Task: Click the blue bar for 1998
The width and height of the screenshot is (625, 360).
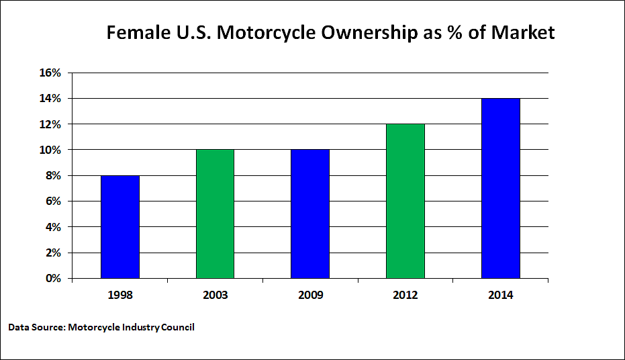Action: (x=120, y=227)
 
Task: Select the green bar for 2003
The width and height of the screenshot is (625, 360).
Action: (x=215, y=214)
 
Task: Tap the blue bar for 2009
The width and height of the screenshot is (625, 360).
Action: (x=310, y=214)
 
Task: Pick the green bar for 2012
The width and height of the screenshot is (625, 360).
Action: (x=405, y=201)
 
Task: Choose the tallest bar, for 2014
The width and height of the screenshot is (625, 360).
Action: (x=500, y=188)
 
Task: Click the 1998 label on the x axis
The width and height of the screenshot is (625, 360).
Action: (x=120, y=296)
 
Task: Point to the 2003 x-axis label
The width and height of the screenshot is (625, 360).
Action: (x=215, y=296)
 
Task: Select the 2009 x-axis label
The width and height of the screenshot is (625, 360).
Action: (x=310, y=296)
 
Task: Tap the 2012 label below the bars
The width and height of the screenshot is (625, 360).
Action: (x=405, y=296)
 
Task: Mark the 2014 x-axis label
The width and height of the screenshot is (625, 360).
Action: (x=500, y=296)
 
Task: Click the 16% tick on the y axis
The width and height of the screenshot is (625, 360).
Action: (x=50, y=73)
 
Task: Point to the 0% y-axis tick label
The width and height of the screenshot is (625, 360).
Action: (x=54, y=278)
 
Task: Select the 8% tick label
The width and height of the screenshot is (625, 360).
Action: (x=54, y=175)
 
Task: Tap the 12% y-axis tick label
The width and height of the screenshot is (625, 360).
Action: (x=50, y=124)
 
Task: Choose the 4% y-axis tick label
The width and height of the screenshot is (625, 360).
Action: (x=54, y=227)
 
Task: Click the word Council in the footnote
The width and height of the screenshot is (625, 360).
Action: (x=177, y=327)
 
